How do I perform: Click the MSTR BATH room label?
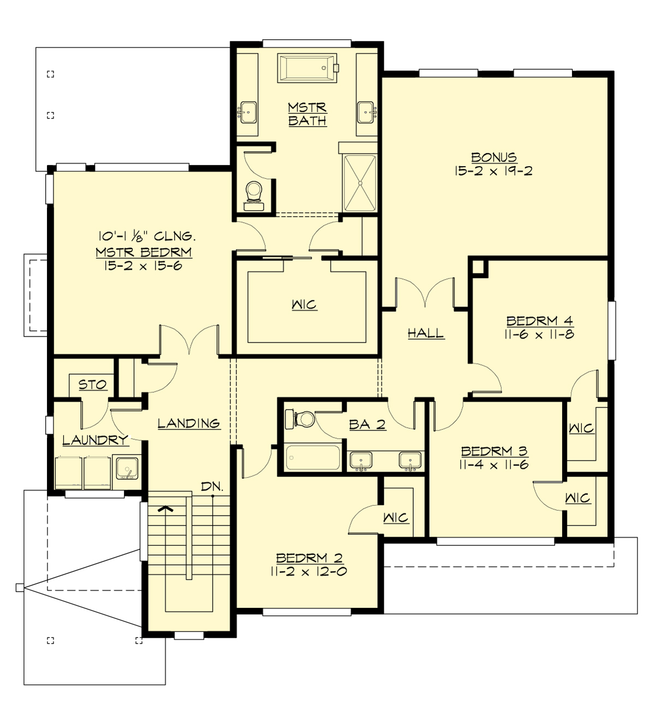(307, 114)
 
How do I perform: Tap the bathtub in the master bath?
(305, 69)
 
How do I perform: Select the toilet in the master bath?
(254, 193)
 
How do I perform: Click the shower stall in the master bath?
(359, 183)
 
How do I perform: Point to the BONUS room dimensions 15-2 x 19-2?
(493, 171)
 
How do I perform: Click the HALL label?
(426, 333)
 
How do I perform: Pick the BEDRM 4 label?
(539, 321)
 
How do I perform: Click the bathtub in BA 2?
(313, 458)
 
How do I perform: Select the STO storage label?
(92, 385)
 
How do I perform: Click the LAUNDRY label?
(95, 440)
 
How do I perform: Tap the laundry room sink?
(127, 469)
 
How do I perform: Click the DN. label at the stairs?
(212, 486)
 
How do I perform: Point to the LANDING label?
(189, 423)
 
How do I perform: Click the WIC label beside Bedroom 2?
(396, 517)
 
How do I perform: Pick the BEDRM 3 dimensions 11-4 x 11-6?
(495, 465)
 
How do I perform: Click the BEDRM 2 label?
(309, 558)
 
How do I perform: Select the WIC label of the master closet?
(304, 304)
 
